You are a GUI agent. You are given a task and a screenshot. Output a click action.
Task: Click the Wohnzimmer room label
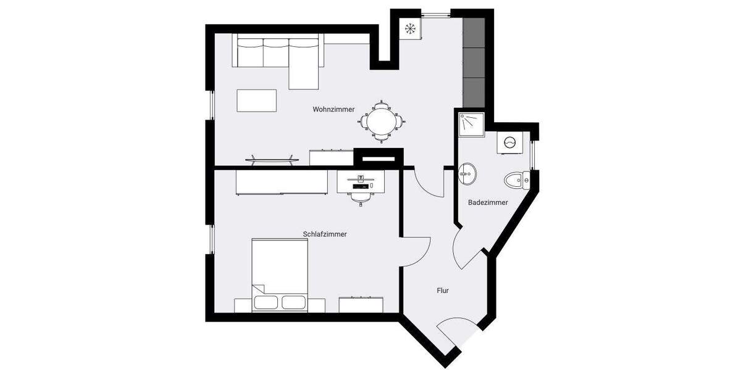click(333, 109)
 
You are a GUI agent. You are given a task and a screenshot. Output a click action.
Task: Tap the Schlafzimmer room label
click(324, 234)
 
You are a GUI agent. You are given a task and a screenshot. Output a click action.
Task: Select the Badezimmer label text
click(488, 202)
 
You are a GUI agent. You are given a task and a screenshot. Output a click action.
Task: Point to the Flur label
click(442, 290)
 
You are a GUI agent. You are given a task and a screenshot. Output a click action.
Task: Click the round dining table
click(381, 121)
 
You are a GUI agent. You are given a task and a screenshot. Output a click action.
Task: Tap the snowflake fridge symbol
click(409, 28)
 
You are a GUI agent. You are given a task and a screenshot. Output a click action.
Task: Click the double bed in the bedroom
click(280, 274)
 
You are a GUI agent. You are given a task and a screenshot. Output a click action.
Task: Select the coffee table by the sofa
click(256, 101)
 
